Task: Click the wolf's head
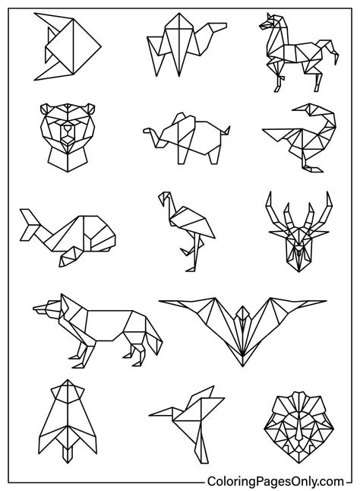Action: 47,311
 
